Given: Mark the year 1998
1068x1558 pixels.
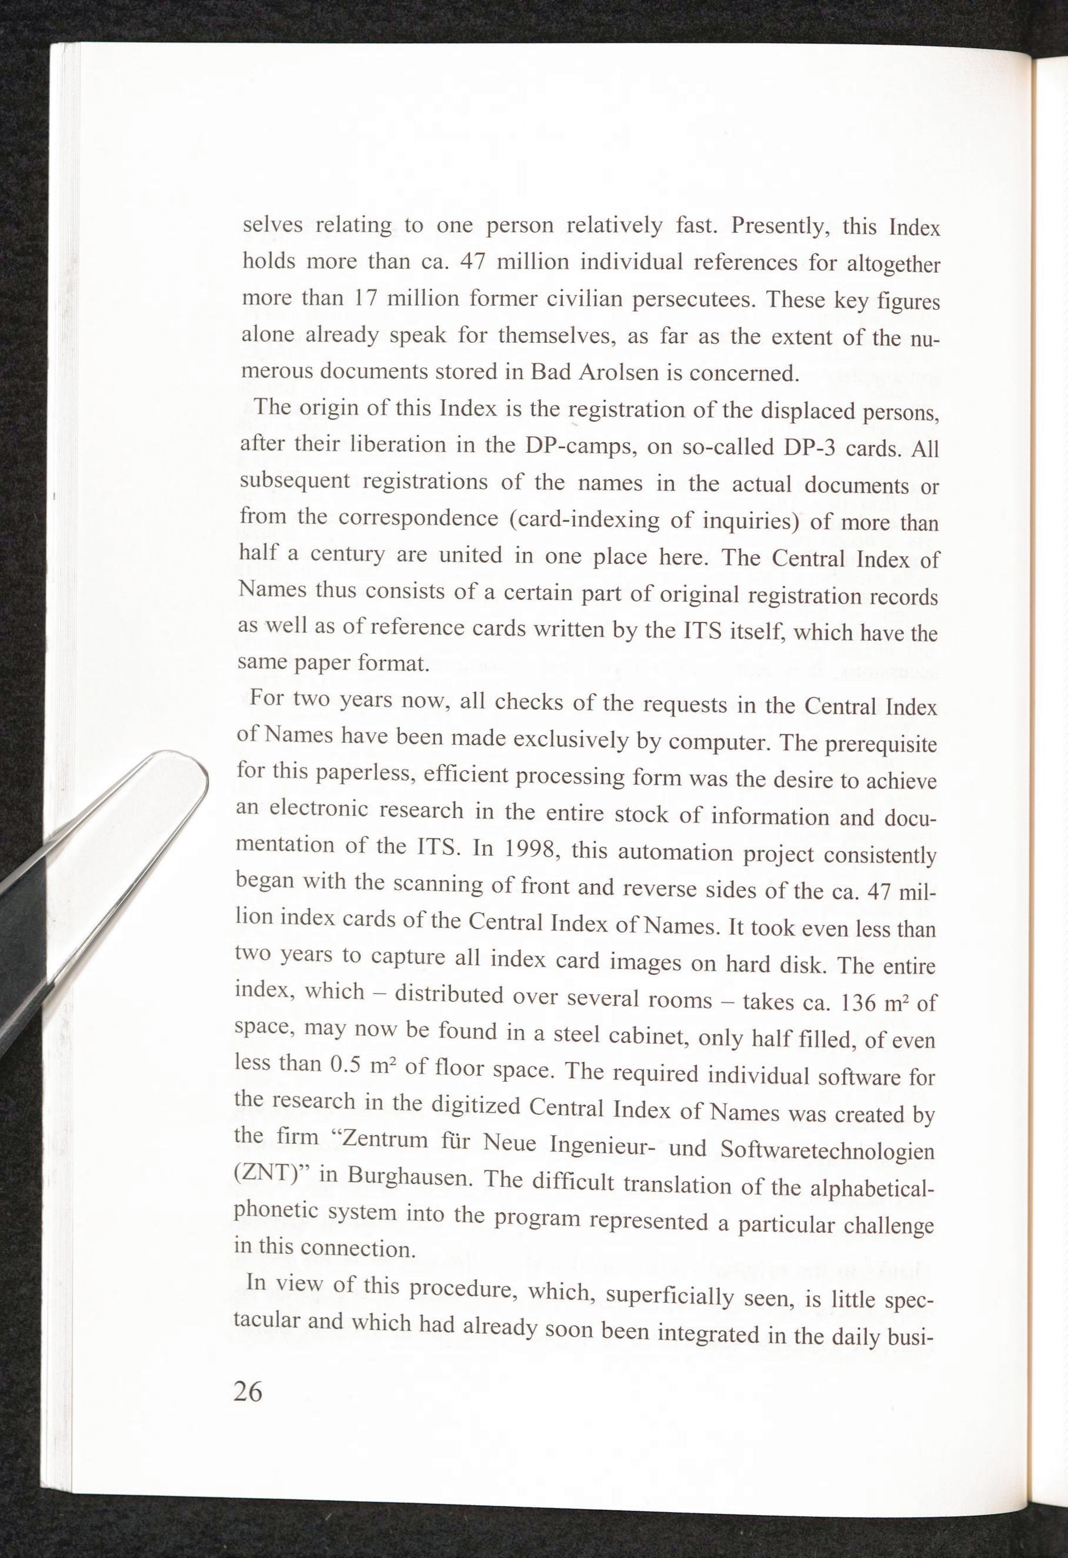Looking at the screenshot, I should click(530, 850).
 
